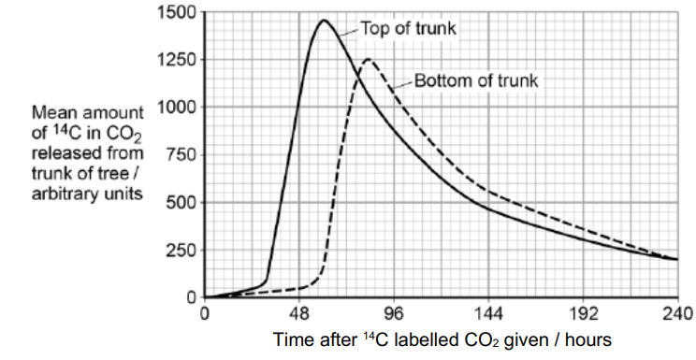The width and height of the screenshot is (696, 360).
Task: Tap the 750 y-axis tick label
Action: [180, 155]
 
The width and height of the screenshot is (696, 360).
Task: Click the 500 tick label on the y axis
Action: [180, 203]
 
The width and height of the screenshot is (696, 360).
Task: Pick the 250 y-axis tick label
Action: [180, 251]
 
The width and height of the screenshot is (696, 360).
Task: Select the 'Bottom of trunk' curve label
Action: [476, 80]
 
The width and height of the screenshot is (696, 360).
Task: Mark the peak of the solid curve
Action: [324, 20]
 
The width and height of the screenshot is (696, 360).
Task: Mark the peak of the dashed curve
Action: [368, 60]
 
